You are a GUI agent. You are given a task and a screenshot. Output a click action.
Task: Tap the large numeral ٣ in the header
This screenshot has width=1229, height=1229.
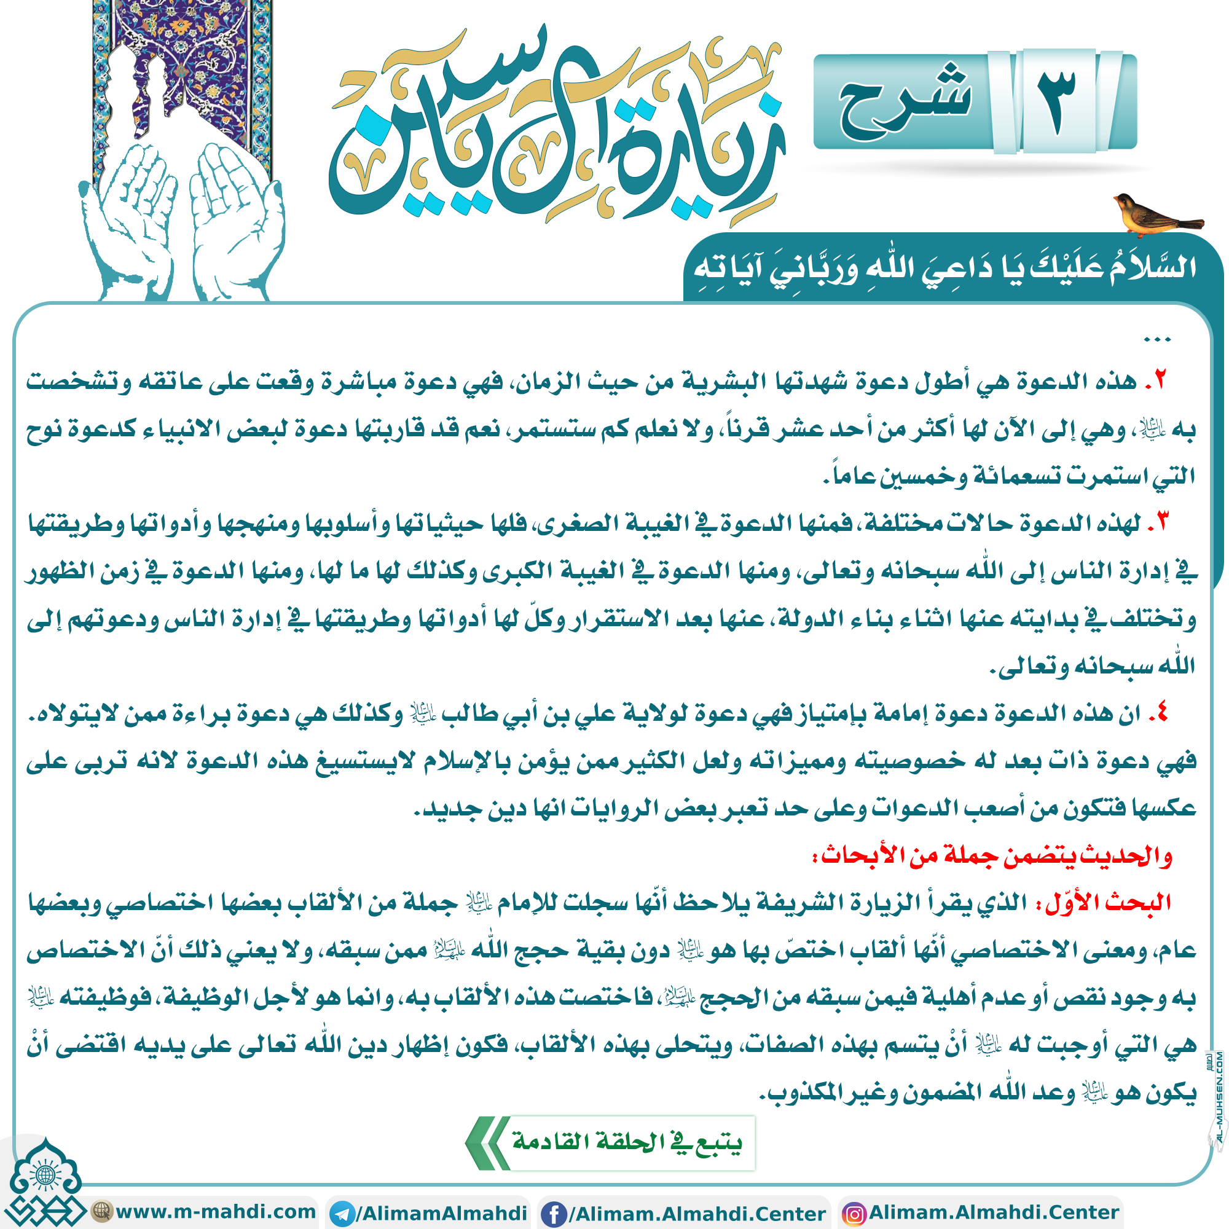(x=1056, y=102)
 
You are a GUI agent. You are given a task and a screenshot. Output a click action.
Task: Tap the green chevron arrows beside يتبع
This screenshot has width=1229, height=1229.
(x=487, y=1143)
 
